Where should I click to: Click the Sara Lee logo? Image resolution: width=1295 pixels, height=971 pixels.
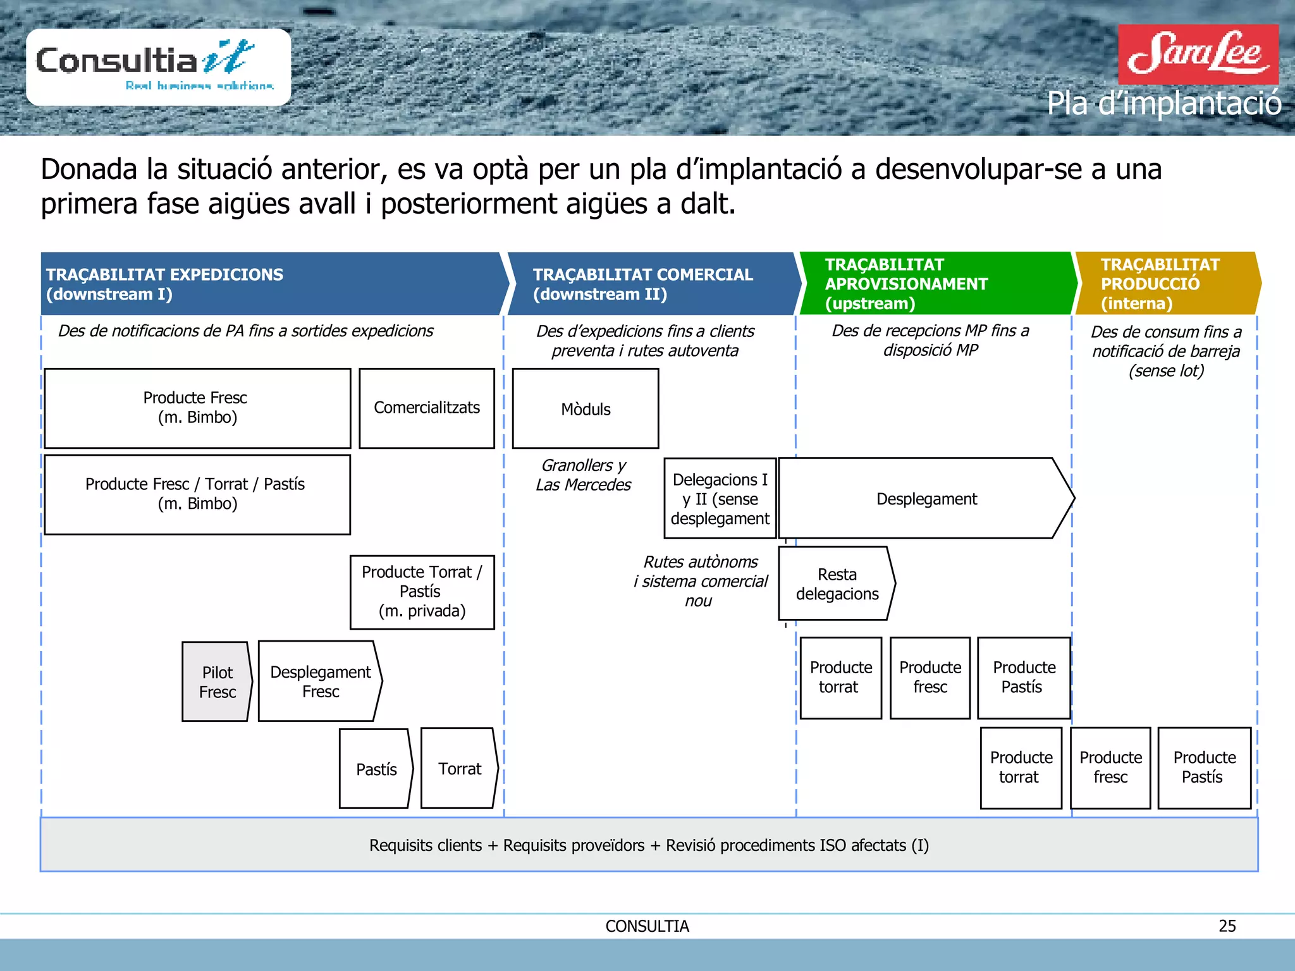click(1198, 54)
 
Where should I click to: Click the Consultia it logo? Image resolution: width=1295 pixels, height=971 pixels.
click(158, 66)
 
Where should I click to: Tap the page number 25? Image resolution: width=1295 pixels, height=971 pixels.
click(1227, 926)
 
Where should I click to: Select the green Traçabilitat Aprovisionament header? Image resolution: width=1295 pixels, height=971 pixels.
click(936, 284)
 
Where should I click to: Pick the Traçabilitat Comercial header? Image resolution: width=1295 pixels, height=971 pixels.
click(651, 284)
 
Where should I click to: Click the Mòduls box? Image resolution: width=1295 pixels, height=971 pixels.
click(586, 409)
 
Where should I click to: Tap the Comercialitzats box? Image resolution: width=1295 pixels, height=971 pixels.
click(427, 408)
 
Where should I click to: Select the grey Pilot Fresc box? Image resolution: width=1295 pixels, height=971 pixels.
click(217, 682)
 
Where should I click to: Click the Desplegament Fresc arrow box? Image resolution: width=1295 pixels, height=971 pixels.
click(320, 681)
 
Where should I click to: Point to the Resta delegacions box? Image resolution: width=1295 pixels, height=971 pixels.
click(836, 584)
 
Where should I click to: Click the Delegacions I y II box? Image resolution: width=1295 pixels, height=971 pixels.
click(720, 499)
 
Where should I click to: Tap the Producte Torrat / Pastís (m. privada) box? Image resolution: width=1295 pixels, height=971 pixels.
click(422, 592)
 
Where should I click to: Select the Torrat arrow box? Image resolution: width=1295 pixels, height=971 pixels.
click(459, 769)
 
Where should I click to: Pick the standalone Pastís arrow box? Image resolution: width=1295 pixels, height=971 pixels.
click(376, 769)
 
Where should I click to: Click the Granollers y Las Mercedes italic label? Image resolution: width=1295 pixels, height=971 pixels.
click(583, 475)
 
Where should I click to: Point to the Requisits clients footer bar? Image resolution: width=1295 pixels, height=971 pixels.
click(649, 845)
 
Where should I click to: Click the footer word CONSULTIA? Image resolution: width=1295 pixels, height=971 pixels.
click(647, 926)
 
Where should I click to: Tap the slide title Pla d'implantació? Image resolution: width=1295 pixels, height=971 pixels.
click(1163, 104)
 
